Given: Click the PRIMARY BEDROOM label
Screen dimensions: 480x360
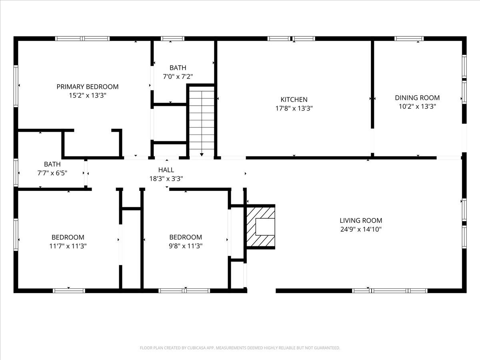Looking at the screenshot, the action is click(x=88, y=87).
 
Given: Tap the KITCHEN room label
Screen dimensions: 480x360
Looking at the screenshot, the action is click(x=294, y=100).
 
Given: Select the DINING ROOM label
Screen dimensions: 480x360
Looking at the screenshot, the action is click(x=417, y=98).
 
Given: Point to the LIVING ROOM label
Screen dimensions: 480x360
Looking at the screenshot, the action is click(x=361, y=220).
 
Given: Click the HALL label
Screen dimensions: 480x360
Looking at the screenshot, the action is click(x=166, y=170).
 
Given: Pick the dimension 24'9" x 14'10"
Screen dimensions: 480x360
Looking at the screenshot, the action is click(x=361, y=229).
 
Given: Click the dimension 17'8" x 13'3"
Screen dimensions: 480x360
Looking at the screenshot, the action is click(x=294, y=108).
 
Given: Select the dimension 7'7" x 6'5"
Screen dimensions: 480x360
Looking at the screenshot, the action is click(x=52, y=173).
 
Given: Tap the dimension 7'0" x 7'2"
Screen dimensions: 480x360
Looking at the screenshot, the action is click(x=178, y=76).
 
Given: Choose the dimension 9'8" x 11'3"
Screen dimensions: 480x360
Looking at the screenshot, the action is click(x=186, y=246).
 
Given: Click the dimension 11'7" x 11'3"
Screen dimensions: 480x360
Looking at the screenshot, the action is click(x=68, y=246).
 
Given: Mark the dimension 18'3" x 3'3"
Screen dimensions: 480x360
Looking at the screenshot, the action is click(x=166, y=179).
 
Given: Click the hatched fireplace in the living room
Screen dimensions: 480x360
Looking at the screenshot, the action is click(x=261, y=227).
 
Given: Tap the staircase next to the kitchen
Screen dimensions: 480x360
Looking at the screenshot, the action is click(x=202, y=121).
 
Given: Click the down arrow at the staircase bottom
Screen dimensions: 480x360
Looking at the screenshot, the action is click(x=202, y=154).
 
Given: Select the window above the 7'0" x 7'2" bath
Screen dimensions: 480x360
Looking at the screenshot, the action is click(x=172, y=39).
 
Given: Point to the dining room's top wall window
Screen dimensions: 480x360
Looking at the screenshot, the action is click(x=409, y=39).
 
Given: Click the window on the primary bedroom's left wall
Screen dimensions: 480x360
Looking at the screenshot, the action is click(x=16, y=86).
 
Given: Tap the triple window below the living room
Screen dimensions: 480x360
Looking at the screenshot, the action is click(x=390, y=291).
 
